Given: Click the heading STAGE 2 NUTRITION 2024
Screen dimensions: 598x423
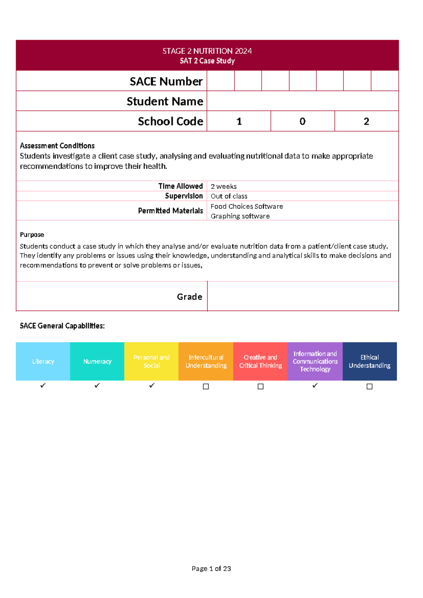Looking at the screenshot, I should (x=207, y=51).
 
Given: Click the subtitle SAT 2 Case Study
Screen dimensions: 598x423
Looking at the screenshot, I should (x=207, y=61).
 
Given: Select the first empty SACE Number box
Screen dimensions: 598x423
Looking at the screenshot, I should (x=221, y=81).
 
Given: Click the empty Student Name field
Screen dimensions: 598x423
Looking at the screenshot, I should (x=302, y=101).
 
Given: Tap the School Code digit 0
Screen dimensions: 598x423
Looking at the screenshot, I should (x=302, y=121).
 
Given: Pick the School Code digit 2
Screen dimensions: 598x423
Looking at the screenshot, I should (x=366, y=121).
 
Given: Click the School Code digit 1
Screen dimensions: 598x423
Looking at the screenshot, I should (x=239, y=121).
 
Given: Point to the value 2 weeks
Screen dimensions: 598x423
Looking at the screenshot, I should (x=223, y=186).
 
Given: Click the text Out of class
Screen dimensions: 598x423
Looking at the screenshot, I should (x=229, y=196).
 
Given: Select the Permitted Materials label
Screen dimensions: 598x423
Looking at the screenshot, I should (x=170, y=211).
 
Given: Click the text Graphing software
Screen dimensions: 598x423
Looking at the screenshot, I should (x=240, y=216).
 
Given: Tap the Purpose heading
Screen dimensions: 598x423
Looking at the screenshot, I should (x=32, y=234).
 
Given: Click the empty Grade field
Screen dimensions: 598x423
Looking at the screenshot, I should (x=302, y=297).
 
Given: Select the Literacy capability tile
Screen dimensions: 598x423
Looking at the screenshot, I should (x=43, y=361).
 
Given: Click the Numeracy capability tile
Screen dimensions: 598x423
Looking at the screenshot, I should (x=97, y=361).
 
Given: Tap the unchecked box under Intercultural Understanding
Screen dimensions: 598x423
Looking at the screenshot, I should (x=206, y=386).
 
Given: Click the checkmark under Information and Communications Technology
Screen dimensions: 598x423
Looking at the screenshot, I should (x=315, y=386).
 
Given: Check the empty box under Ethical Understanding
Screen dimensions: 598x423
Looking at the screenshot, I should (x=369, y=386).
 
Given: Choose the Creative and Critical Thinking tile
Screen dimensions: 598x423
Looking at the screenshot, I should (x=260, y=361).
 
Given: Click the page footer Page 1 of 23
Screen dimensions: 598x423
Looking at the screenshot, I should (x=211, y=568).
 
